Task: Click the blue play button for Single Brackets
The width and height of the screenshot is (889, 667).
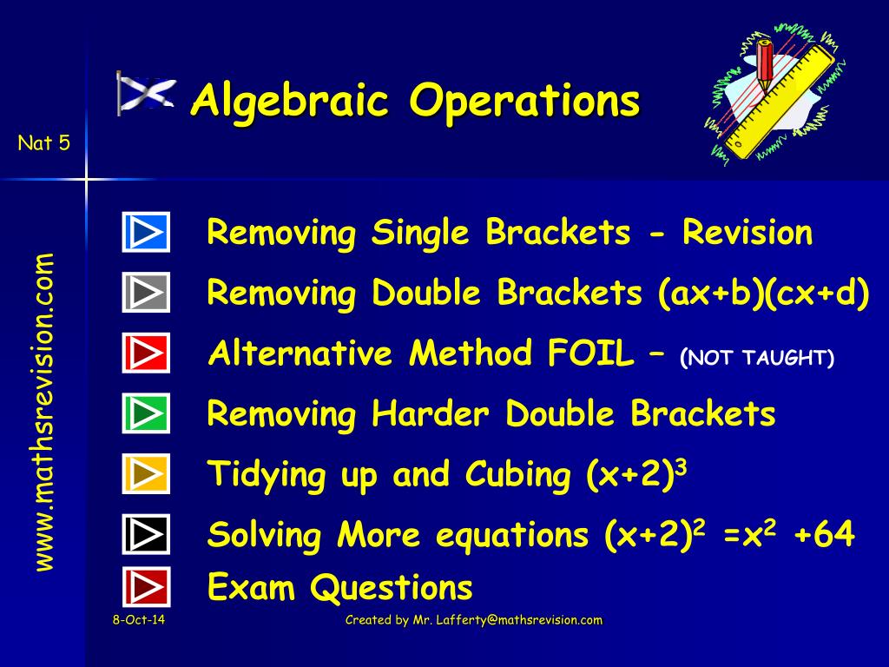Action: (x=146, y=232)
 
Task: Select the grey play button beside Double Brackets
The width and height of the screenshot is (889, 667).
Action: (x=146, y=292)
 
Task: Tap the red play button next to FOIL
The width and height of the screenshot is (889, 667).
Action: (x=146, y=353)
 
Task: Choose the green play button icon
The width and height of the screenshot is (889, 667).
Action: (x=146, y=413)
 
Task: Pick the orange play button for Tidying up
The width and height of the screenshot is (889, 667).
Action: (x=146, y=473)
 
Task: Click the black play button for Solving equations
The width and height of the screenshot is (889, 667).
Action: (x=146, y=534)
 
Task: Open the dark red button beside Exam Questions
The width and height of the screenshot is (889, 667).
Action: (x=146, y=586)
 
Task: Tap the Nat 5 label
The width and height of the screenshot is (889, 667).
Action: (x=43, y=143)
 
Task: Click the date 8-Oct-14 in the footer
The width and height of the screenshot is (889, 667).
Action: (x=138, y=619)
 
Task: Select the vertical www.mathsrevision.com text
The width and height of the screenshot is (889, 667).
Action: (x=44, y=412)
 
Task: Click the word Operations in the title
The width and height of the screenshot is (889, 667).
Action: (x=524, y=101)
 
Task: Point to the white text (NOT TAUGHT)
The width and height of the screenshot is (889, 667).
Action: (x=757, y=357)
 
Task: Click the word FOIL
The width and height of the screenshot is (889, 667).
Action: (x=590, y=353)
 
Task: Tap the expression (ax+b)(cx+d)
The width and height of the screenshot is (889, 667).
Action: (x=764, y=294)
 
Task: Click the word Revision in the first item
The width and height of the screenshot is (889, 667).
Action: (x=747, y=233)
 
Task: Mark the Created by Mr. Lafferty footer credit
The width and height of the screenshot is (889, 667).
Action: (x=473, y=620)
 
